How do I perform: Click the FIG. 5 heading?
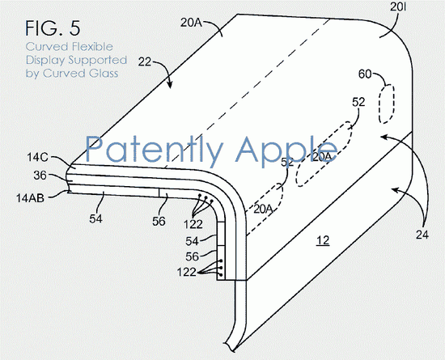point(53,28)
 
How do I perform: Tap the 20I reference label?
point(398,7)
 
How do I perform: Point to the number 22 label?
point(145,61)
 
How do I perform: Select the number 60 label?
point(365,74)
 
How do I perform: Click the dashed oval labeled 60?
point(387,104)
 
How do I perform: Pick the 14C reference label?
point(37,157)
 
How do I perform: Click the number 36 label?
point(40,176)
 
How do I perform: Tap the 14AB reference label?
point(30,198)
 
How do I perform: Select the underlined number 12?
point(323,240)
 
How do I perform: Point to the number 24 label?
point(422,235)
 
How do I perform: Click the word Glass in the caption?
point(104,74)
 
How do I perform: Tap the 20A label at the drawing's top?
point(191,23)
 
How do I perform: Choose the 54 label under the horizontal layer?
point(96,218)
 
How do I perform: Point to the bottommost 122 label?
point(186,273)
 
